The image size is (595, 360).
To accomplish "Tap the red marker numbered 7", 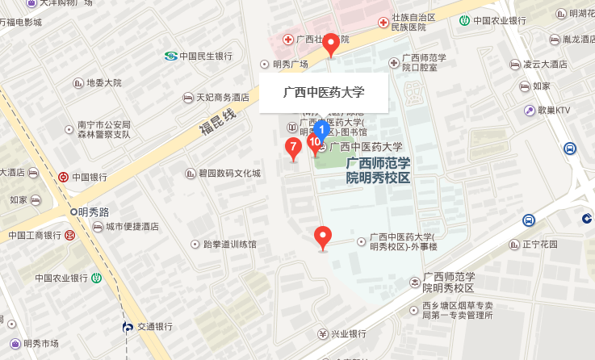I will coord(293,147).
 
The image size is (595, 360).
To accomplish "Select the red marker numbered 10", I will coord(315,143).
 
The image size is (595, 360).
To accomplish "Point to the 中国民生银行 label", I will coord(205,57).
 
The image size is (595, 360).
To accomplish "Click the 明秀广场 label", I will coord(290,65).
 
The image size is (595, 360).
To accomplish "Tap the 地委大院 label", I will coord(103,82).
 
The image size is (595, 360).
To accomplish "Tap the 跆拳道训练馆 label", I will coord(228,244).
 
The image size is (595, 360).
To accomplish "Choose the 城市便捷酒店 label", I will coord(132,227).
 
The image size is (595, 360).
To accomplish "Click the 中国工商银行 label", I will coord(36,236).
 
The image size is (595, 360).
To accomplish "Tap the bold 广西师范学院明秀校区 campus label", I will coord(378,170).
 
